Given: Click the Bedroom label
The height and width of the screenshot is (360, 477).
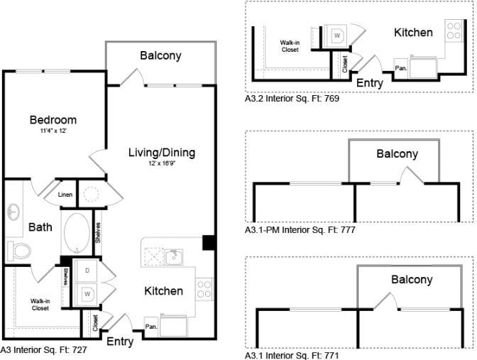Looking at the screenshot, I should pos(53,119).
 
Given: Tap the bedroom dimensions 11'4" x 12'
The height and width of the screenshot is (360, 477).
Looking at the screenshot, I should pos(53,131).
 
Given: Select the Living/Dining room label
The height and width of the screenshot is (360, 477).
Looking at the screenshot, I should pos(161,153).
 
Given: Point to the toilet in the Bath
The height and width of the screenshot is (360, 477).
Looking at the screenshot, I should pos(19,250).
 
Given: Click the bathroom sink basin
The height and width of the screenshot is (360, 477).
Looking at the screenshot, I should pos(14,212).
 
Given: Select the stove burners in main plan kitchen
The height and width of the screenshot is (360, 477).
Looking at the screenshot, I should pos(204,288).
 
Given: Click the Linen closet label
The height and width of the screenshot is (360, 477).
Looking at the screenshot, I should pos(65,194).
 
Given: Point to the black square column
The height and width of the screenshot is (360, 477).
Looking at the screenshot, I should pos(209,242).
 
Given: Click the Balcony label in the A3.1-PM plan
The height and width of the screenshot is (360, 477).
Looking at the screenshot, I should pos(397,153).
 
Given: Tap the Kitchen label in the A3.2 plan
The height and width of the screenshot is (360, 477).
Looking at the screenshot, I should pos(413,32).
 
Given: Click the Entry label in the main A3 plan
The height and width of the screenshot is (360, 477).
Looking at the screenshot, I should pos(120,342).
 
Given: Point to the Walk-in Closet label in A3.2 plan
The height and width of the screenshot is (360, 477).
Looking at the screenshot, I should pos(290,46).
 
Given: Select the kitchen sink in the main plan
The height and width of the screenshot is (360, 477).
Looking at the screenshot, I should pos(173,256).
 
